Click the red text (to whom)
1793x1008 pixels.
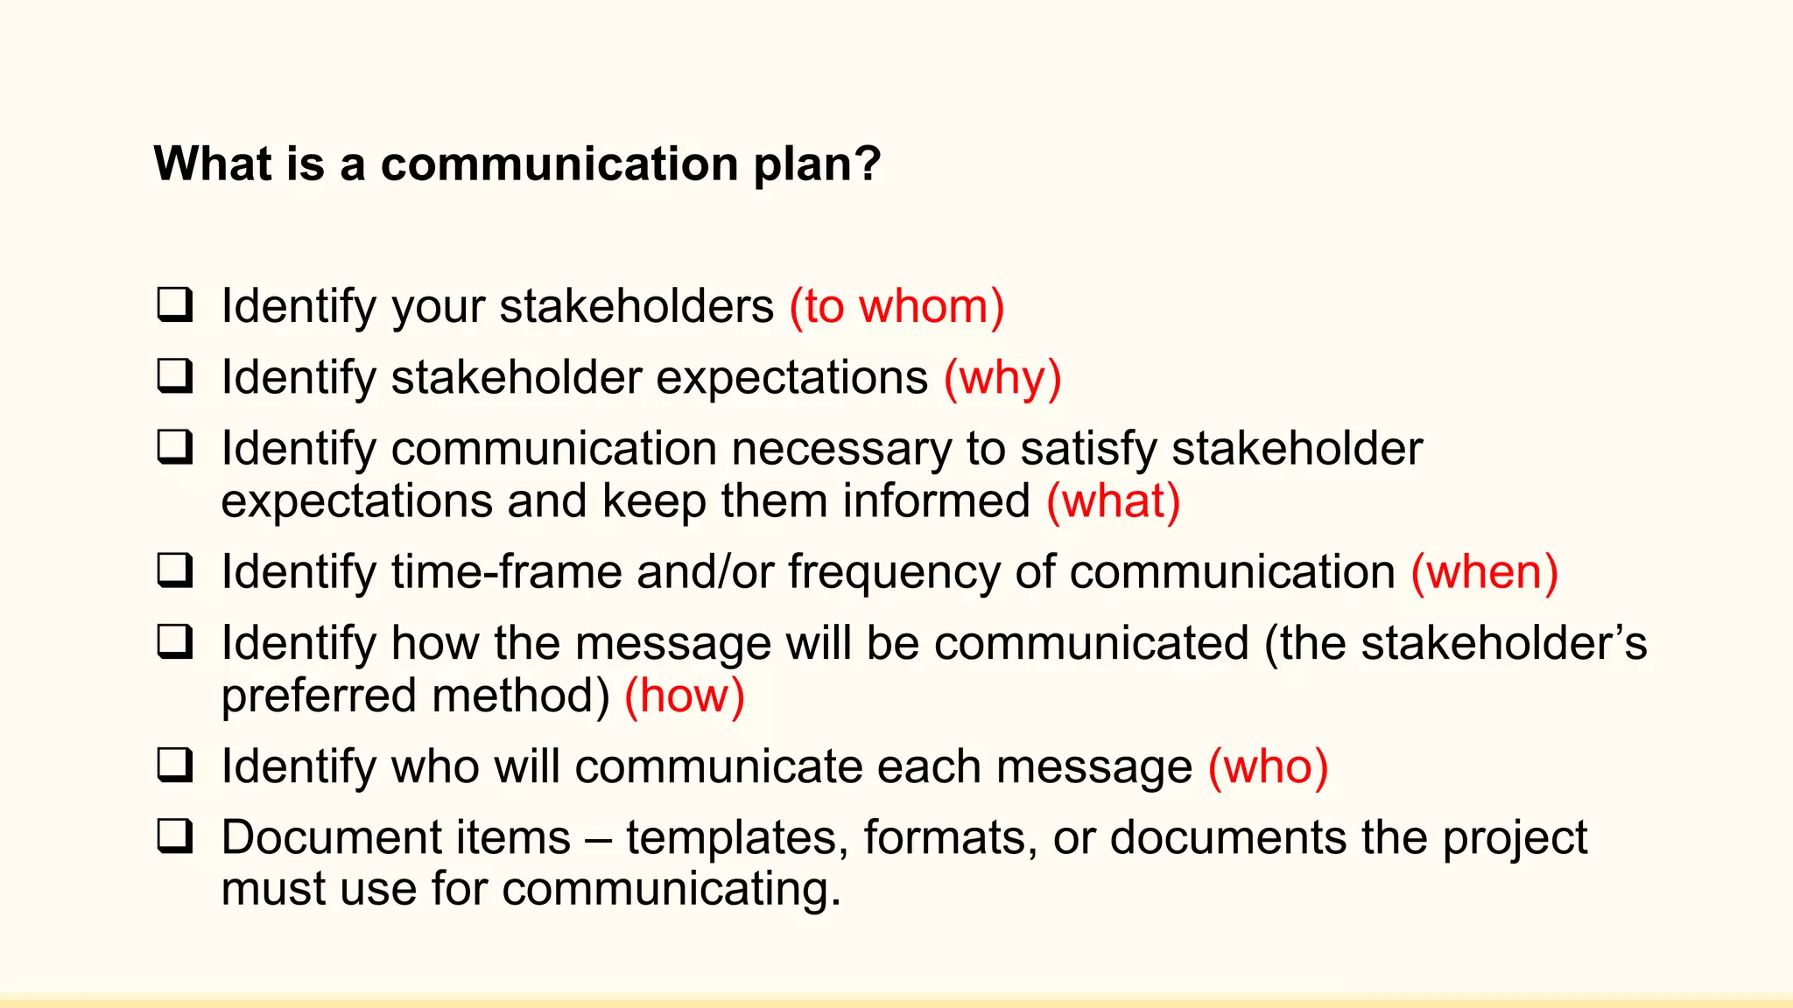tap(896, 307)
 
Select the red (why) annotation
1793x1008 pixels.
tap(1002, 378)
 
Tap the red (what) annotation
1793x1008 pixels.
tap(1114, 501)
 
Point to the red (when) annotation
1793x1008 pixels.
tap(1484, 572)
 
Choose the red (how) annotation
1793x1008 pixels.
tap(684, 696)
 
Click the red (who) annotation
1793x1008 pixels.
tap(1268, 766)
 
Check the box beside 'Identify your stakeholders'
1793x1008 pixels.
tap(175, 304)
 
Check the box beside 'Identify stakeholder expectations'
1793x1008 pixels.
tap(175, 375)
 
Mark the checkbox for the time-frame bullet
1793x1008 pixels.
tap(175, 570)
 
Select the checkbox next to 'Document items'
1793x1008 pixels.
tap(175, 836)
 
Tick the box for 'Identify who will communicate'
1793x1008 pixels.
tap(175, 765)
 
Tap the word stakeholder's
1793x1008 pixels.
tap(1503, 643)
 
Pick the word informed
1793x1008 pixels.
tap(936, 501)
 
